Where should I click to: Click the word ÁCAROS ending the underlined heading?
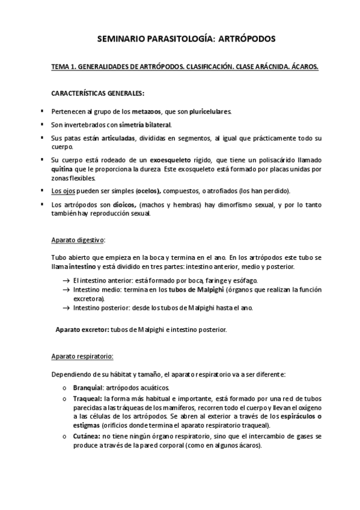(x=304, y=68)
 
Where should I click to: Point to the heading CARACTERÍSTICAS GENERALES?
(x=98, y=94)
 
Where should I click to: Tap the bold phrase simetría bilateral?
(x=145, y=125)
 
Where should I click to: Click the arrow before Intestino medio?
(x=66, y=290)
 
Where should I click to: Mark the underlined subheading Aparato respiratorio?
(x=82, y=357)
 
